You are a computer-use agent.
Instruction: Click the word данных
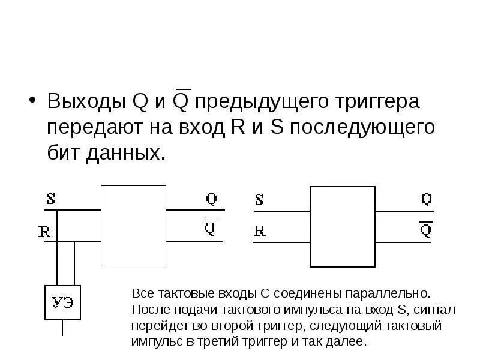(125, 152)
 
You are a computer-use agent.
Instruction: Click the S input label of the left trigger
(51, 199)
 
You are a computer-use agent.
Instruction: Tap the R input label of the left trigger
(44, 232)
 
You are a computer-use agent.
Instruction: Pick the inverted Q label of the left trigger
(209, 229)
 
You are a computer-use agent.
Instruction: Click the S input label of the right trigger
(259, 199)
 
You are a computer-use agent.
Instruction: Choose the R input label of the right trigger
(259, 231)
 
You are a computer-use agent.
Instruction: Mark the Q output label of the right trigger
(426, 199)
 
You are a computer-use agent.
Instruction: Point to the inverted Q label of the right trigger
(425, 230)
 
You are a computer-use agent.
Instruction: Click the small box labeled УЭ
(62, 302)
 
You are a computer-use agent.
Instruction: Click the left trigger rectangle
(133, 225)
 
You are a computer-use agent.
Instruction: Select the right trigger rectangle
(342, 226)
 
